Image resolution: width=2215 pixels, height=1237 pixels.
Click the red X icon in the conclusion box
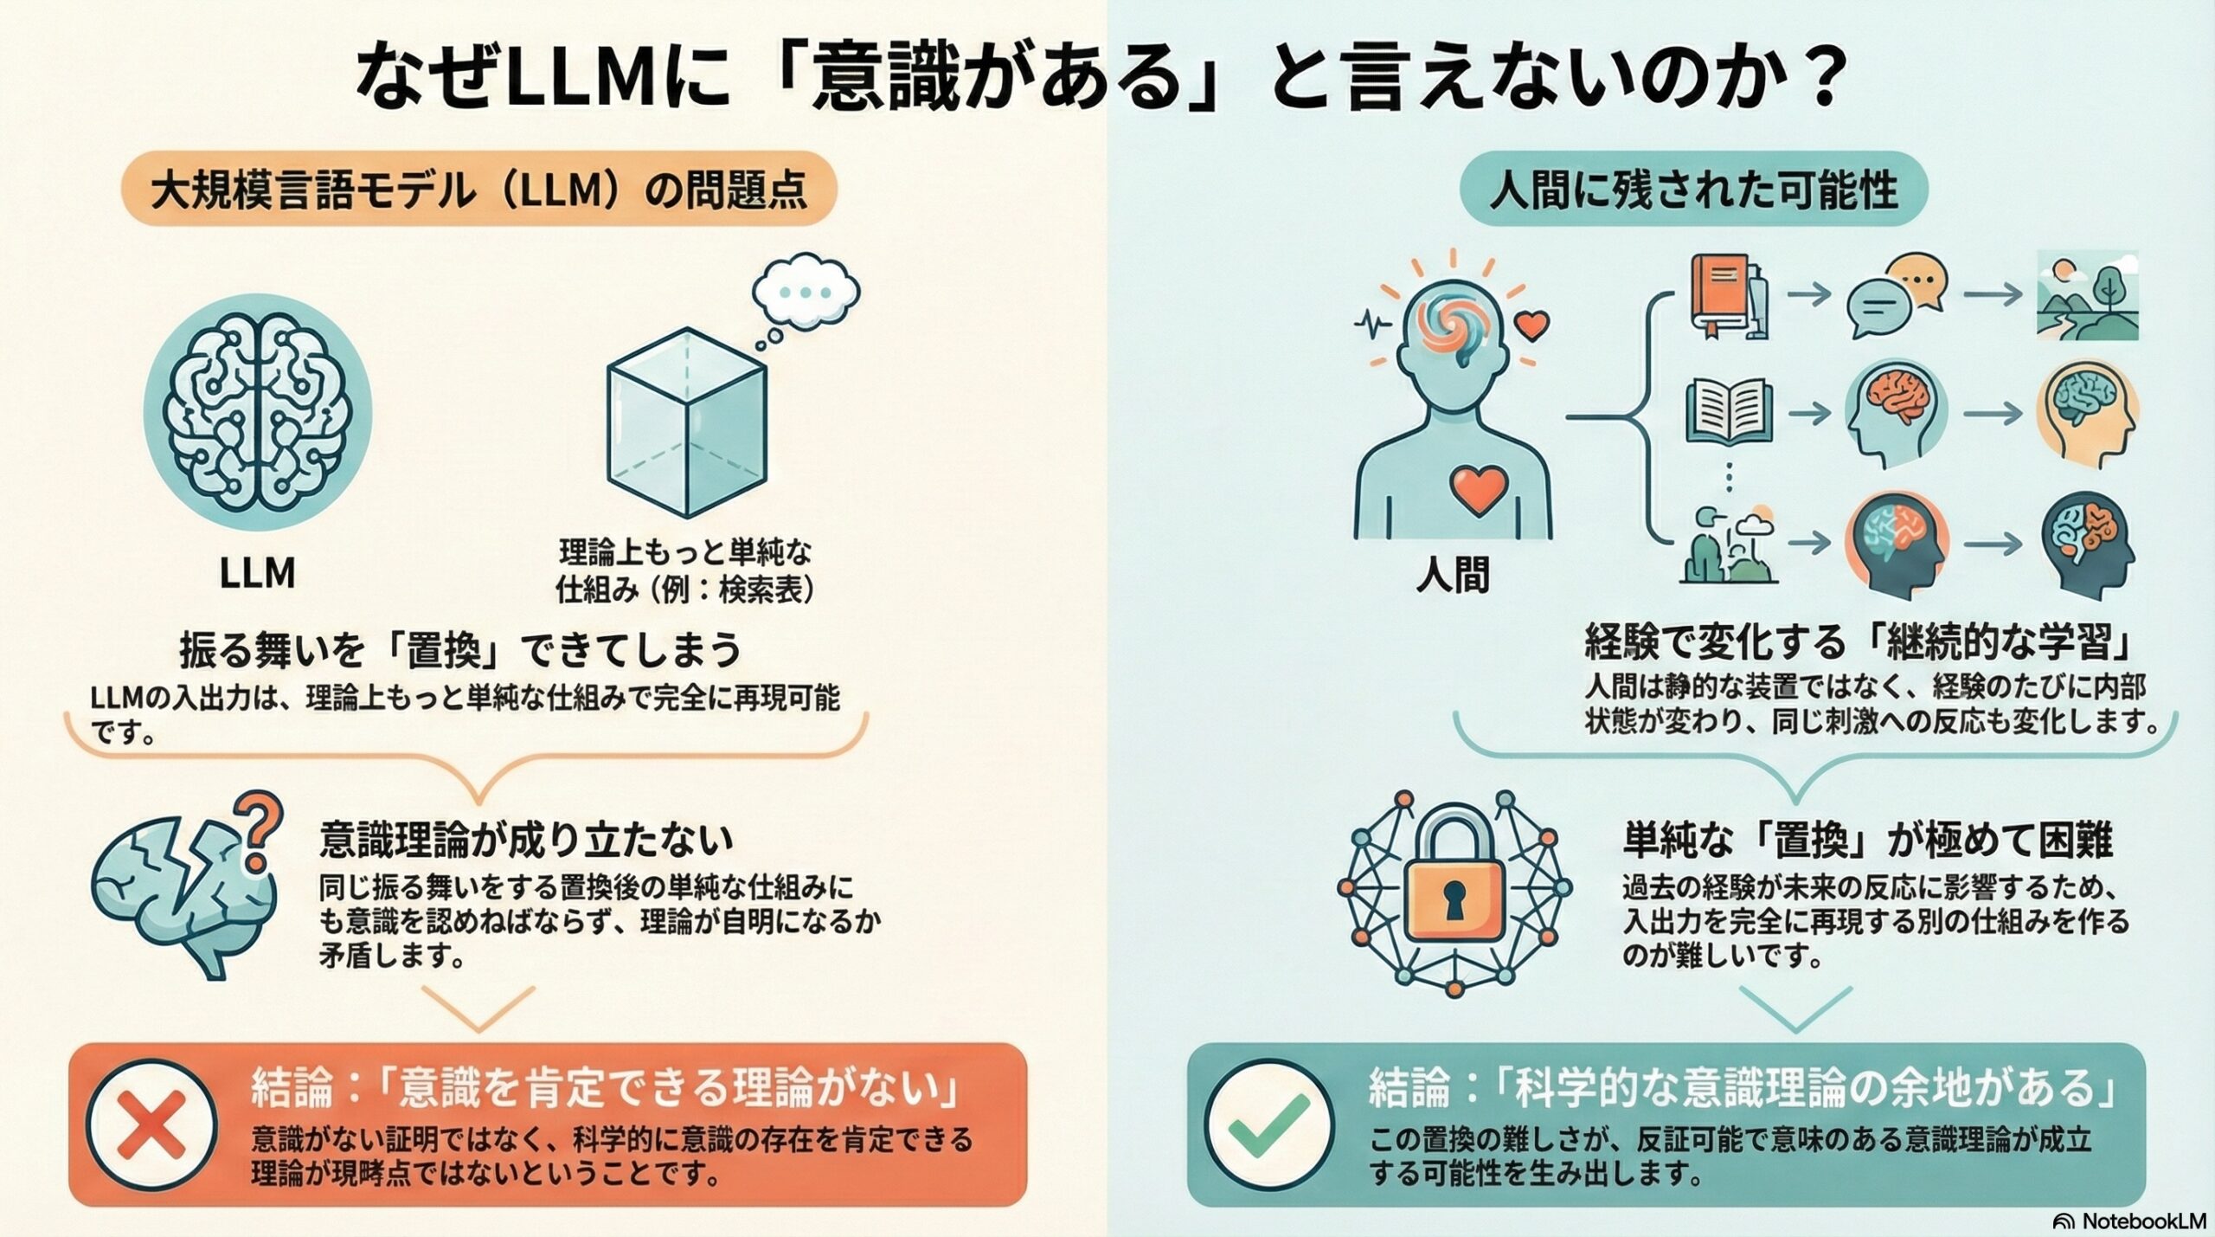(151, 1125)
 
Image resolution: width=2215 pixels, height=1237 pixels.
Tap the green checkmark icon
(1269, 1125)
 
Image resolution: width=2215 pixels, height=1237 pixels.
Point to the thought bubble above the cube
(805, 291)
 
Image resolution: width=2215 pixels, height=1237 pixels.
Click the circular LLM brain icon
(257, 412)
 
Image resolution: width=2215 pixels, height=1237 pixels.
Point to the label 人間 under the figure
(1453, 575)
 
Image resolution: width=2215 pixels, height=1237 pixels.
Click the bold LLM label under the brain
(257, 573)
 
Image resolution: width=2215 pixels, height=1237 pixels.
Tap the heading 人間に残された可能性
(1693, 190)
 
